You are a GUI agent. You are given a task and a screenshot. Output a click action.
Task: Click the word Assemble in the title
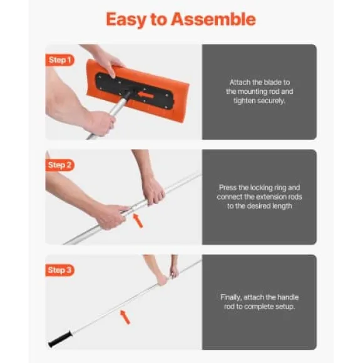pos(213,19)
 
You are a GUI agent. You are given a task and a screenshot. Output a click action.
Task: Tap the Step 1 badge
pos(59,60)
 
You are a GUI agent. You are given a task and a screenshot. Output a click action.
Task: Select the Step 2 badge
pos(59,165)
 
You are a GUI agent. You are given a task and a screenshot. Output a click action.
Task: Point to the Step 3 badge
pos(59,270)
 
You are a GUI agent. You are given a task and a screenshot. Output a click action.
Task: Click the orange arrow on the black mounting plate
pos(146,95)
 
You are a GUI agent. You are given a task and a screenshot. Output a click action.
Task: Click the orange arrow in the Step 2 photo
pos(138,221)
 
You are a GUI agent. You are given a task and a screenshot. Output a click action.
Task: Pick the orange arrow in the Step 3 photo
pos(125,317)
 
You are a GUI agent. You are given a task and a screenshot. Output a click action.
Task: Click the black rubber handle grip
pos(60,339)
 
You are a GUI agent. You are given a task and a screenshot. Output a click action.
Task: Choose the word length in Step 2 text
pos(280,207)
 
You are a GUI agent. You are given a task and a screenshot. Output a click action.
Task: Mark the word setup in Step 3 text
pos(285,307)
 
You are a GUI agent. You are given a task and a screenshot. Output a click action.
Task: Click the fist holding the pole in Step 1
pos(102,123)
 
